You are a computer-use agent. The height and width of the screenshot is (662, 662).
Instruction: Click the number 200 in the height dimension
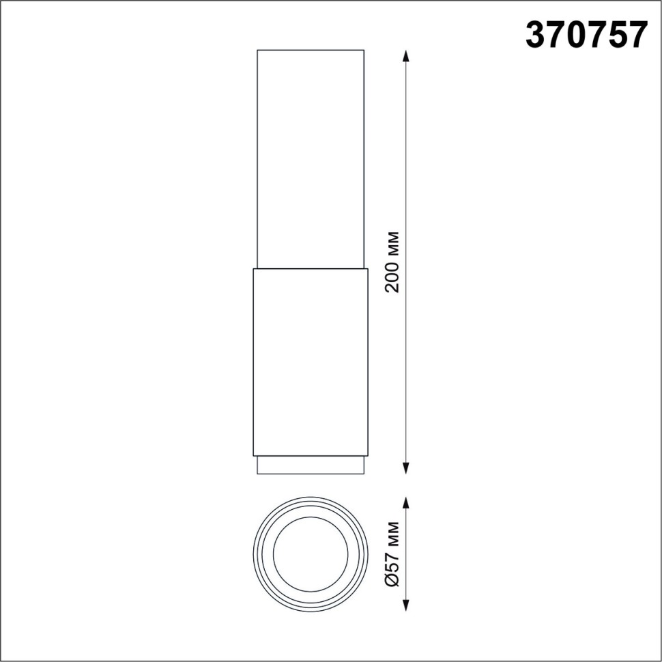pos(392,276)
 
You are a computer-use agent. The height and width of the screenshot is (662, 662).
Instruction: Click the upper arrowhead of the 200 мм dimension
pos(407,56)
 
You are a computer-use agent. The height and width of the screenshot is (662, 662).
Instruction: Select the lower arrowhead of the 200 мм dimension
pos(407,467)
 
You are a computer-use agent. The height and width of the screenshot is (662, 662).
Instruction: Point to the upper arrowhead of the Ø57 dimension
pos(407,504)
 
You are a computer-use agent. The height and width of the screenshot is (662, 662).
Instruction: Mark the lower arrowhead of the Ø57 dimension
pos(407,605)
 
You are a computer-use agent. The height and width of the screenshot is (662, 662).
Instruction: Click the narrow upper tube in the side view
pos(311,157)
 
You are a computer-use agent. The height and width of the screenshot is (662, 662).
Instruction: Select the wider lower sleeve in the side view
pos(311,362)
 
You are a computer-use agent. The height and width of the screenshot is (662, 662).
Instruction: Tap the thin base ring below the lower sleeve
pos(311,465)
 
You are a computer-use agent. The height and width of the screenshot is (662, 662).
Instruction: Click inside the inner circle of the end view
pos(311,553)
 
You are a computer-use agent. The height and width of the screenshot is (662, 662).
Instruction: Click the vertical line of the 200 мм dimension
pos(407,171)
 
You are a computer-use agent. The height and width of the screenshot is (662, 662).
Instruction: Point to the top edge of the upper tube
pos(311,50)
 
